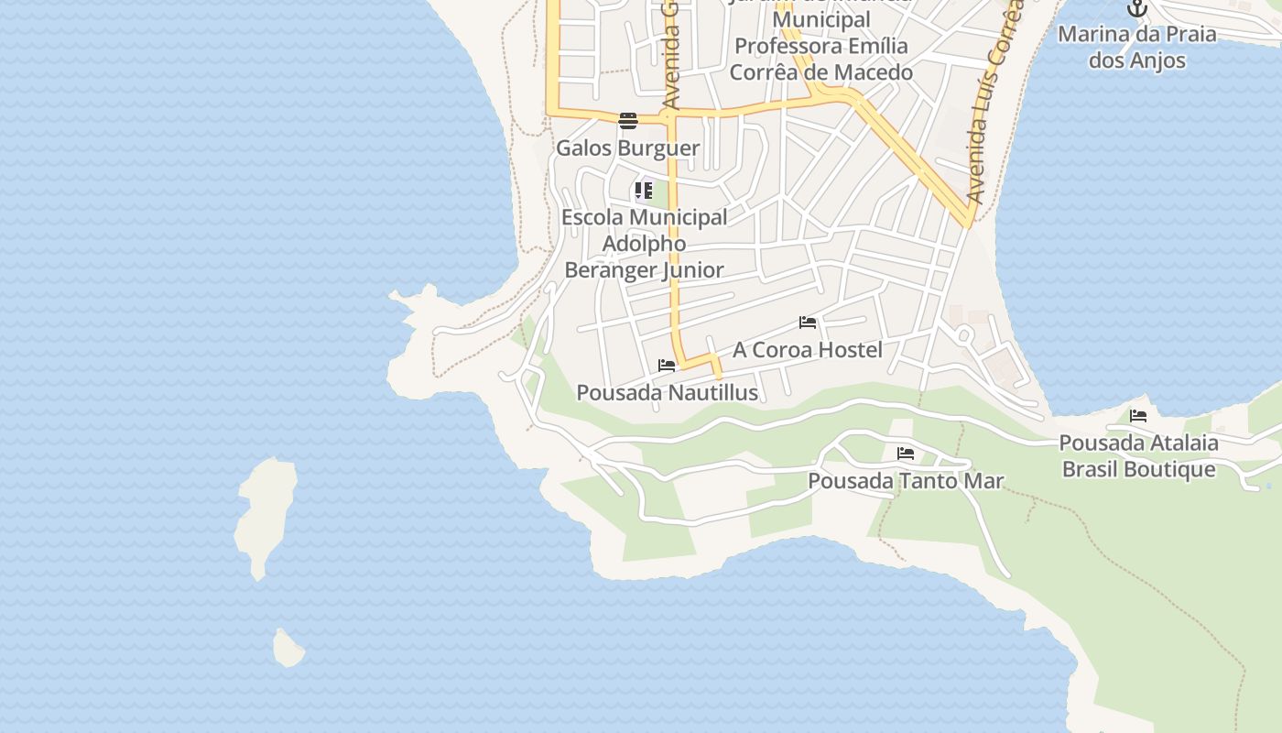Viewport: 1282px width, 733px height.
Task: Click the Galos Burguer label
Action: tap(628, 148)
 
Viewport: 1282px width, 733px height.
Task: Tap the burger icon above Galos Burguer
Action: tap(628, 121)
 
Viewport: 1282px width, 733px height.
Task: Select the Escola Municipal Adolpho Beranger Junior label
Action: tap(645, 244)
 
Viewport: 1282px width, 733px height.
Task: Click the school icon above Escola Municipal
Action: tap(644, 191)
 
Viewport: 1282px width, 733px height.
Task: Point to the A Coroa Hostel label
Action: tap(808, 350)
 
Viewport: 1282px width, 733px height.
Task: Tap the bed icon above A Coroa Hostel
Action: tap(808, 323)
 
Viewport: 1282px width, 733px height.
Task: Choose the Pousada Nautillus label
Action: tap(667, 393)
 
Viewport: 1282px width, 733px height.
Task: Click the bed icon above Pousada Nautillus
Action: tap(667, 366)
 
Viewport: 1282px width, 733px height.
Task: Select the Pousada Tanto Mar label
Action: tap(906, 481)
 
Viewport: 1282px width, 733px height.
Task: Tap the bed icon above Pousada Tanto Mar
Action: tap(906, 454)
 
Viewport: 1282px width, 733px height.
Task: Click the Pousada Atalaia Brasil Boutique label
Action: tap(1138, 456)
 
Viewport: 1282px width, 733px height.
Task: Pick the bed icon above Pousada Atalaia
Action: tap(1138, 416)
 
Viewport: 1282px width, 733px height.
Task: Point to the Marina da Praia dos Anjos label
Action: tap(1137, 48)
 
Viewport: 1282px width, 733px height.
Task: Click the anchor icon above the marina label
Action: tap(1137, 9)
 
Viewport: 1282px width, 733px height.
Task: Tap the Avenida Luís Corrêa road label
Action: tap(993, 101)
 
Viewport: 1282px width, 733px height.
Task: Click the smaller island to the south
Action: tap(288, 648)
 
